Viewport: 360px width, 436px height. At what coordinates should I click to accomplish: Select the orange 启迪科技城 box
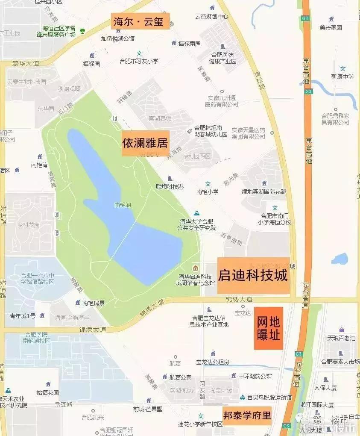point(253,276)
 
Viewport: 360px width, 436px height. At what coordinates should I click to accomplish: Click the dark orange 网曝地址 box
point(269,328)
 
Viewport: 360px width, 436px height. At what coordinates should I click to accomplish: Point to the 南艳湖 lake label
point(123,205)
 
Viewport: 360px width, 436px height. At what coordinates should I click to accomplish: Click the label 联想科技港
point(170,187)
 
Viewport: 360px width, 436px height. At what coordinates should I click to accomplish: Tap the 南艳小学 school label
point(208,192)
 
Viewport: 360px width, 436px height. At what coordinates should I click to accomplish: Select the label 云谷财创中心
point(212,17)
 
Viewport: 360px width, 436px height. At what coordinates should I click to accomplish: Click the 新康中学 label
point(342,77)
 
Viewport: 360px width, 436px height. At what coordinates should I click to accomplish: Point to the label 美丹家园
point(331,28)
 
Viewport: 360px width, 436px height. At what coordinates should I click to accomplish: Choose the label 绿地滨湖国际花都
point(264,191)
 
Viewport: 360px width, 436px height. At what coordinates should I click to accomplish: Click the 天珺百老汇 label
point(341,338)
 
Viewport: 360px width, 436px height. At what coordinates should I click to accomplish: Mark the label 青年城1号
point(23,316)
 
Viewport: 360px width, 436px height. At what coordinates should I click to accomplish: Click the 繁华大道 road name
point(26,63)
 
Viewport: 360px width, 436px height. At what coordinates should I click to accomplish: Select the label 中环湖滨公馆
point(255,376)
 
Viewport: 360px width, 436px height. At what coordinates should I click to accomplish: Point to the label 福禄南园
point(189,44)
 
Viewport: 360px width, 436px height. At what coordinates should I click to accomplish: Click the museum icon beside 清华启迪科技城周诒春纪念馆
point(195,268)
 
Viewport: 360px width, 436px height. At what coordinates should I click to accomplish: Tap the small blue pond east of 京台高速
point(340,259)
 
